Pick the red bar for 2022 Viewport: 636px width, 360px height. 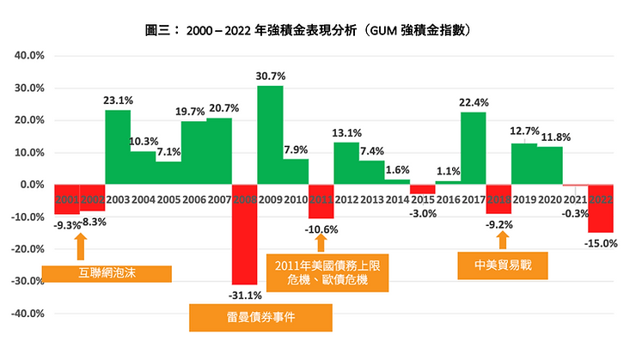click(x=601, y=208)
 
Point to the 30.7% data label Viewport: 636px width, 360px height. click(x=271, y=76)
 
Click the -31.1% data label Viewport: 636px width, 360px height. click(x=245, y=296)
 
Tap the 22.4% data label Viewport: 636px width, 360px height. click(x=474, y=103)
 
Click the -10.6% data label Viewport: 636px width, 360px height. click(x=322, y=229)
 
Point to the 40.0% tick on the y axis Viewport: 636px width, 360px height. click(x=28, y=56)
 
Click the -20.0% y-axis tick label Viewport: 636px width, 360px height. click(x=27, y=249)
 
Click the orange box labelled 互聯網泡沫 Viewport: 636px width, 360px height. click(x=107, y=274)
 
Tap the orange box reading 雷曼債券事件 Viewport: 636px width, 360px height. click(x=260, y=318)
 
